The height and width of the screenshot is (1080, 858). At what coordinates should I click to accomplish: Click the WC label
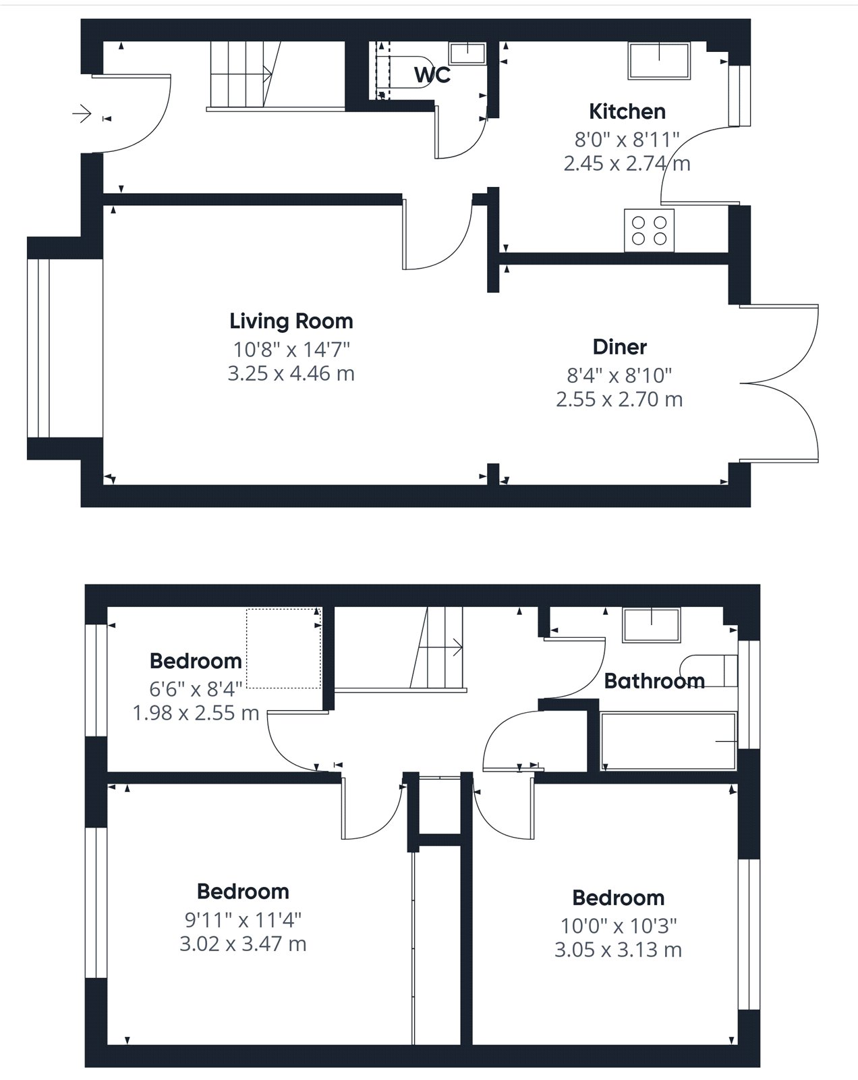click(432, 76)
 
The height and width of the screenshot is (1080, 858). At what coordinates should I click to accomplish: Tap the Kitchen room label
click(627, 111)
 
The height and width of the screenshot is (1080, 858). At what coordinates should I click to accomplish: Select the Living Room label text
click(291, 321)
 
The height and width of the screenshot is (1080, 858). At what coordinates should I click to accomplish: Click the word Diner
click(620, 347)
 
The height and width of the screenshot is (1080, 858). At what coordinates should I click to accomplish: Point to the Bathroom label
click(654, 681)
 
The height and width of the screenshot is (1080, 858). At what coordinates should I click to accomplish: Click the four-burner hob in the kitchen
click(650, 230)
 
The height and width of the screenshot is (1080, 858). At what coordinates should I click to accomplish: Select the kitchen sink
click(659, 61)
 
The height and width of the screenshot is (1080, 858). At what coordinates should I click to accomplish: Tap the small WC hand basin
click(467, 54)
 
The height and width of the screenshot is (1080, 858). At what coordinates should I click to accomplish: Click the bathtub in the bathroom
click(668, 740)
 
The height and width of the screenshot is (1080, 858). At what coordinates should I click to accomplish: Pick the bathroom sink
click(651, 625)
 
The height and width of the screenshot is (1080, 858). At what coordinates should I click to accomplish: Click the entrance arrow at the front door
click(82, 114)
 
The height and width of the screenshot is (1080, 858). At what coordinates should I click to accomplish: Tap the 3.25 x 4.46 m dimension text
click(291, 373)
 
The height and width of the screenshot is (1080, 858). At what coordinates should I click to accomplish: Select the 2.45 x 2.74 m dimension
click(627, 163)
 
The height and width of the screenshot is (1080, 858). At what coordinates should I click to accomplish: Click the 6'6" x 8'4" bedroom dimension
click(196, 689)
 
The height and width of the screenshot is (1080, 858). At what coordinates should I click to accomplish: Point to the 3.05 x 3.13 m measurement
click(619, 950)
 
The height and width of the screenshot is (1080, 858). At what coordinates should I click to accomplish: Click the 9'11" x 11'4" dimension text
click(244, 920)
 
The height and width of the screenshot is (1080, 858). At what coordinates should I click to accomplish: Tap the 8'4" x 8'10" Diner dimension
click(620, 375)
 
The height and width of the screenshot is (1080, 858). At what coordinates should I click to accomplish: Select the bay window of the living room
click(65, 348)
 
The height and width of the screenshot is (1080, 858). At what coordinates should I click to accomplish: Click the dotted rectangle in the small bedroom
click(284, 649)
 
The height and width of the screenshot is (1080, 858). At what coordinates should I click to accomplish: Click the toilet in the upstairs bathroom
click(708, 670)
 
